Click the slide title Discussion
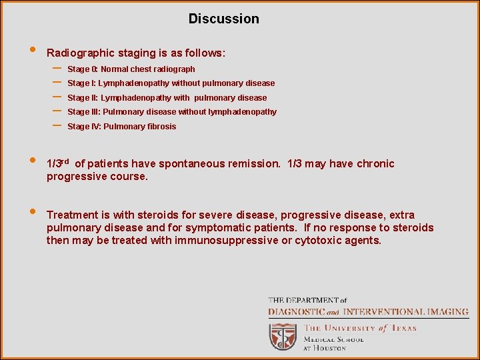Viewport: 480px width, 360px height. point(223,19)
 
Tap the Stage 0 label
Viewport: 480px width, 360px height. point(83,69)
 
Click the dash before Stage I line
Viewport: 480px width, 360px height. point(57,83)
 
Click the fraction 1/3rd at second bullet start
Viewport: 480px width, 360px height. point(58,163)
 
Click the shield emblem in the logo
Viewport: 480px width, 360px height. point(283,337)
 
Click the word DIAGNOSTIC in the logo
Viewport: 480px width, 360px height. point(297,312)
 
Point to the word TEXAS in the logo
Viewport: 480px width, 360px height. point(403,328)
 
